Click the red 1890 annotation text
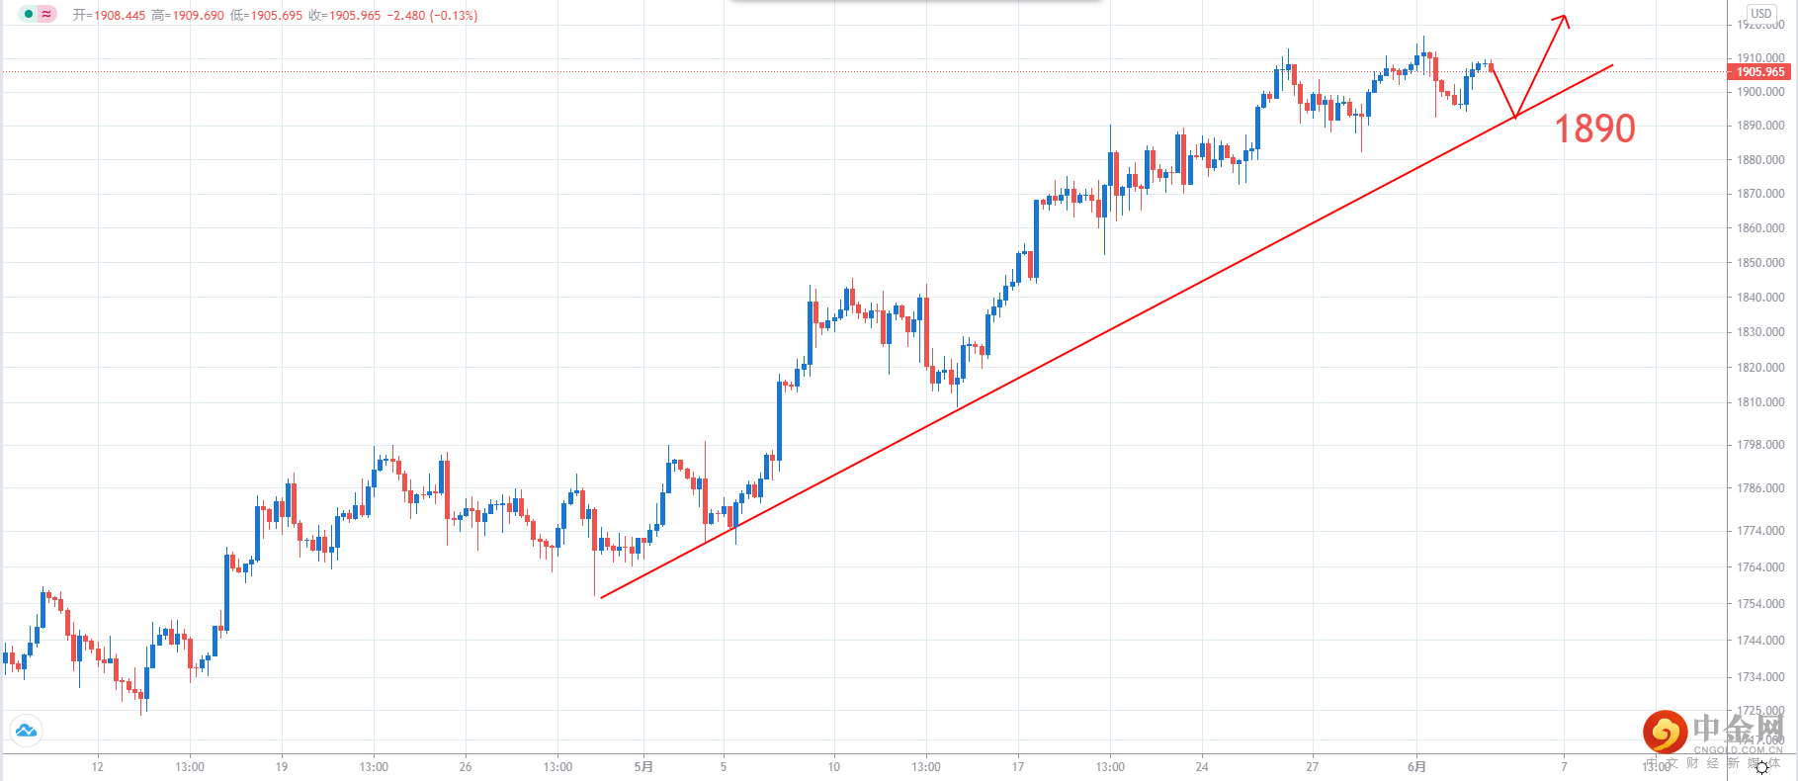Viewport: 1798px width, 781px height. coord(1594,129)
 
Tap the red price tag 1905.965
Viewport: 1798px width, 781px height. coord(1760,72)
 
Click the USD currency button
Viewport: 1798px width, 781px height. coord(1760,14)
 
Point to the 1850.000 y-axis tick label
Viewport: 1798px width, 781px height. coord(1760,263)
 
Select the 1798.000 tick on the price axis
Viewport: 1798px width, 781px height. coord(1760,445)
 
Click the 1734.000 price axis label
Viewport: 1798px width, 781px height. coord(1760,677)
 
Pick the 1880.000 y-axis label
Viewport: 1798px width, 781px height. coord(1760,160)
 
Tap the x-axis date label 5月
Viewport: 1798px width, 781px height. coord(643,767)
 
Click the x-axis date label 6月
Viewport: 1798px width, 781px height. coord(1416,767)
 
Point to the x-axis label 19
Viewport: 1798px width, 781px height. coord(282,767)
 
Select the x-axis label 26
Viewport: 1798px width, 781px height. coord(466,767)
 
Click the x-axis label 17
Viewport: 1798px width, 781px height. coord(1018,767)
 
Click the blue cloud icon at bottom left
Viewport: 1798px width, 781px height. coord(26,731)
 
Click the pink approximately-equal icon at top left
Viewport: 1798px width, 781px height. coord(46,15)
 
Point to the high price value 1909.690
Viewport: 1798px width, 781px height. coord(198,16)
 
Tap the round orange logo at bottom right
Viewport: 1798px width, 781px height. coord(1665,733)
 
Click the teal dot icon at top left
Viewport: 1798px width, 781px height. coord(28,15)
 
